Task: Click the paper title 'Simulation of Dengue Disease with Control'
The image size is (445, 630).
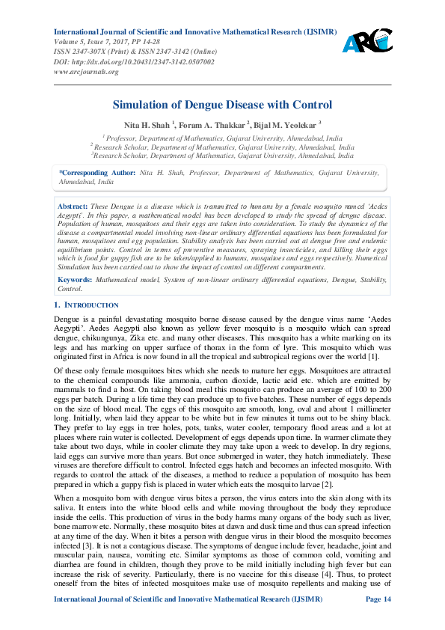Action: click(x=222, y=105)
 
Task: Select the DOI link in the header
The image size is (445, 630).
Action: click(x=134, y=62)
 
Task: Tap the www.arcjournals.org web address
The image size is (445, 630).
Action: click(x=87, y=72)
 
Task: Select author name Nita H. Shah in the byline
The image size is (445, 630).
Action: click(x=147, y=123)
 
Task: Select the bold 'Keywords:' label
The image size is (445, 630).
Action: click(x=75, y=279)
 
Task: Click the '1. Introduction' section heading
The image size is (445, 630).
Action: click(x=87, y=305)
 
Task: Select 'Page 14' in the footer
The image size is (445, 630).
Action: click(x=378, y=620)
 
